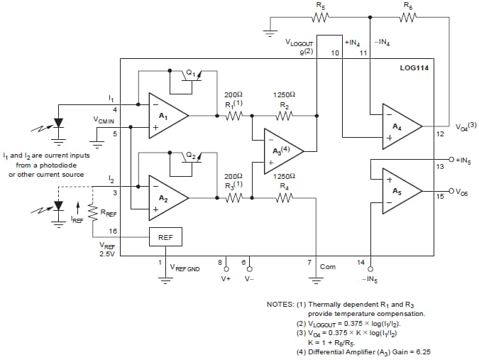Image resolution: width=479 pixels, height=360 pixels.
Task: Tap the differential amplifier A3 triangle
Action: [x=282, y=150]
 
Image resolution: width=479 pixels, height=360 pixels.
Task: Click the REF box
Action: [x=165, y=237]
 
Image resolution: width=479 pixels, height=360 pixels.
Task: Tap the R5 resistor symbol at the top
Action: [x=321, y=18]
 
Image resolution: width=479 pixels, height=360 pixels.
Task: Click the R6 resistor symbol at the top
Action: [x=407, y=18]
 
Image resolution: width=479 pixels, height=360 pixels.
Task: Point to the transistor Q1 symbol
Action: [x=190, y=76]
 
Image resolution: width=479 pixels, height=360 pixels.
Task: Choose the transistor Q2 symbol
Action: [x=190, y=157]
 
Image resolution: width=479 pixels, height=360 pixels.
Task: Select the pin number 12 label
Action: [x=439, y=133]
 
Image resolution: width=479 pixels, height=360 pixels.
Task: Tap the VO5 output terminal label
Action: [x=461, y=192]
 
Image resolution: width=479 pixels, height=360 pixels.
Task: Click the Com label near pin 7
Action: [x=328, y=267]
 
